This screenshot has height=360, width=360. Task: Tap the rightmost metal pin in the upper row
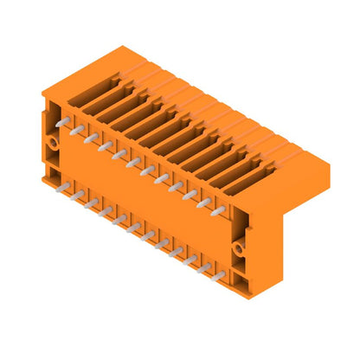[217, 210]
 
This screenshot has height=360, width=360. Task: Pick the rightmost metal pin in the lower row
[219, 275]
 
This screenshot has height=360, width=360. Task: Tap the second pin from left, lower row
[79, 196]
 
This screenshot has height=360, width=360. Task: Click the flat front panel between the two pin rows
[138, 195]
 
